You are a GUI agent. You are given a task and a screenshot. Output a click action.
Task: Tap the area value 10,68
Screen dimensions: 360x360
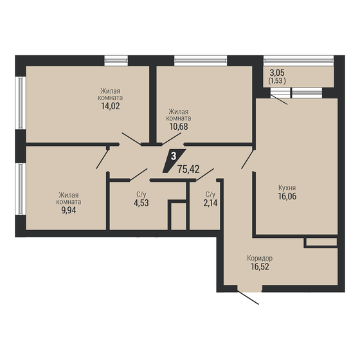tap(179, 127)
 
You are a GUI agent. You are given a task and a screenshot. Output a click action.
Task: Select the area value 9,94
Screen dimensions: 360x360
tap(69, 209)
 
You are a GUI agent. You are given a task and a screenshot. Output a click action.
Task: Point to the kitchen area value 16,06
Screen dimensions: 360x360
tap(286, 199)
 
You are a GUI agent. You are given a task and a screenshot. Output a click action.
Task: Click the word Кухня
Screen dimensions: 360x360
tap(287, 189)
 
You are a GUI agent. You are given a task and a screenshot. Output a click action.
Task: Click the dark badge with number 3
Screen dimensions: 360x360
tap(175, 156)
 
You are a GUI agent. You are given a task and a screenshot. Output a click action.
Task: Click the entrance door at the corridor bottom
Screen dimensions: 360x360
tap(248, 298)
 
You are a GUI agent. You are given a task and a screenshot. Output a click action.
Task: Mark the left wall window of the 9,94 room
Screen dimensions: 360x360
tap(21, 189)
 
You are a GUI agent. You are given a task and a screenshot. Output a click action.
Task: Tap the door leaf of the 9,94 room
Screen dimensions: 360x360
tap(102, 157)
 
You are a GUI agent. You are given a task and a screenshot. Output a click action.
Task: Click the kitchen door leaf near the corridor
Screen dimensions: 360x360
tap(248, 157)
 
